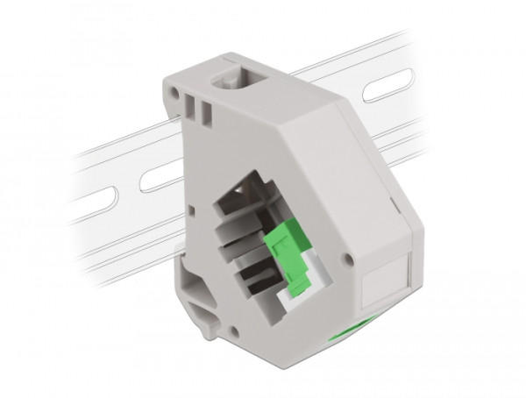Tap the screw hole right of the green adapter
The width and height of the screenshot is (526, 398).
348,260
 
